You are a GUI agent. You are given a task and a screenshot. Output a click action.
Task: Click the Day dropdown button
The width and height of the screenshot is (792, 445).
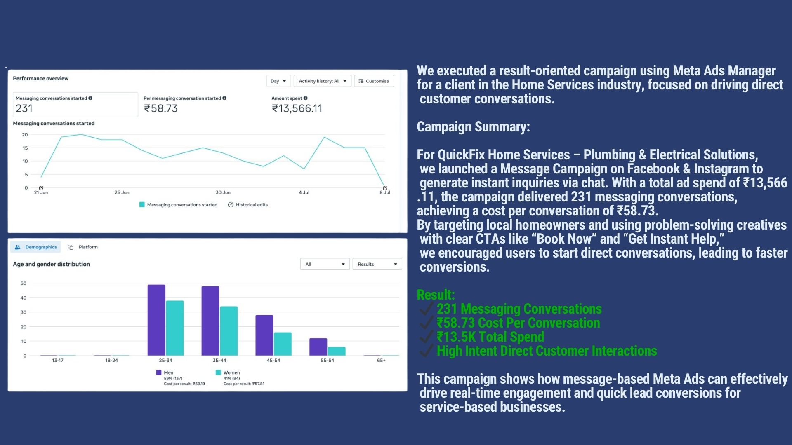278,81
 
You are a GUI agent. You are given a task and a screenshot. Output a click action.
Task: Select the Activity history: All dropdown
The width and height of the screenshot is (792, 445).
322,81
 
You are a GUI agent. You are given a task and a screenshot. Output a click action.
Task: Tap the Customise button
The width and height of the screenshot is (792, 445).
374,81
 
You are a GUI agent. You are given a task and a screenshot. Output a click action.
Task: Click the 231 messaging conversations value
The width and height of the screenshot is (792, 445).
24,108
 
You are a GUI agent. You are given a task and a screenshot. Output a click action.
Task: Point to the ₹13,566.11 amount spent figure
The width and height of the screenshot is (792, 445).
297,108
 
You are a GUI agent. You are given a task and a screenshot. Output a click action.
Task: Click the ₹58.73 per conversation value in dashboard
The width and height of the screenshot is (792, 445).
160,108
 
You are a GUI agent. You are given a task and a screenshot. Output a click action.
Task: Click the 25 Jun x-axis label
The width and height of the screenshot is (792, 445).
122,192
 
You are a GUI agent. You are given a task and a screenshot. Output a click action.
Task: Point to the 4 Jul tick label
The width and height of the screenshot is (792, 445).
304,192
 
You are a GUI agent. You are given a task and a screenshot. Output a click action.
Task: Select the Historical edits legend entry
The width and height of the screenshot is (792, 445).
248,205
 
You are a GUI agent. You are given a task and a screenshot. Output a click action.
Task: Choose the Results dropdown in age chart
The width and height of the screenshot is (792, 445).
377,264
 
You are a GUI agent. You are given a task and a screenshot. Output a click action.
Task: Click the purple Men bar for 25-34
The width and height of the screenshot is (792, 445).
156,320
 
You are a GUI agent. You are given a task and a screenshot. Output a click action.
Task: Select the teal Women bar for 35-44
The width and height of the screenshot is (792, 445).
229,331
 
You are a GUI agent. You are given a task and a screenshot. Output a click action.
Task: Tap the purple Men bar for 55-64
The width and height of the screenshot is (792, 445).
318,347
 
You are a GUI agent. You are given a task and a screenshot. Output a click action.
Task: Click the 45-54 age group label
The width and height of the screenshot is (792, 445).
273,361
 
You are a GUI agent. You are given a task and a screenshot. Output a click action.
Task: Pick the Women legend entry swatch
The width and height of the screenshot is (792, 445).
218,372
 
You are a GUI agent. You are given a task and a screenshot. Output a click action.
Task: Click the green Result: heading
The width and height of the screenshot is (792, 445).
436,295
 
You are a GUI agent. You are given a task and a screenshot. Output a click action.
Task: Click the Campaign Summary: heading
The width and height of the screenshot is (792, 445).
473,127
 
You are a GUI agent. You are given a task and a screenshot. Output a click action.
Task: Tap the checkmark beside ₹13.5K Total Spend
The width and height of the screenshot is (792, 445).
426,337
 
